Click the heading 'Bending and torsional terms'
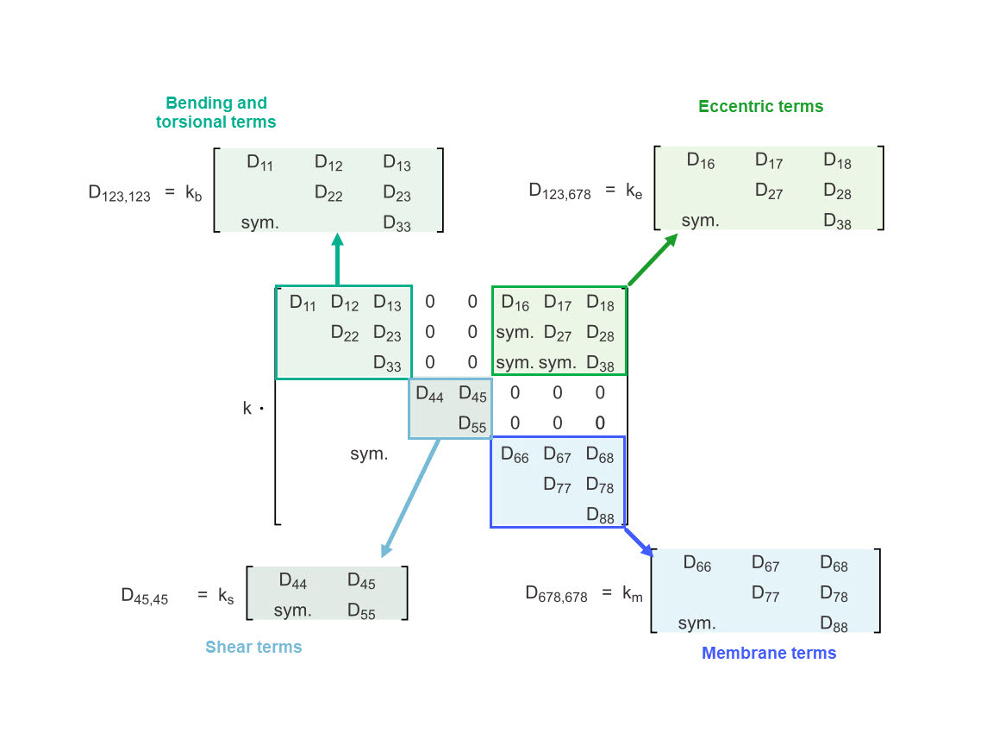tap(216, 113)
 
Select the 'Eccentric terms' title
tap(760, 107)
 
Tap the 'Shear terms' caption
tap(253, 647)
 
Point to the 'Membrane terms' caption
tap(769, 653)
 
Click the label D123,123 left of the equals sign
tap(119, 193)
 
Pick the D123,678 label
tap(559, 191)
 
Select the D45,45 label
tap(144, 596)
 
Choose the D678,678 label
tap(556, 594)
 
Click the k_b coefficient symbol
tap(193, 193)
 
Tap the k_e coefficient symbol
tap(634, 191)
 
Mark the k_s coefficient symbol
tap(226, 596)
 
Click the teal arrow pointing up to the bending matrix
tap(337, 258)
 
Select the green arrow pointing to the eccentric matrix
tap(653, 260)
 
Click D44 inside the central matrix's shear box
tap(429, 395)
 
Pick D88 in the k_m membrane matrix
tap(834, 623)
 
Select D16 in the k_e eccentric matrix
tap(700, 160)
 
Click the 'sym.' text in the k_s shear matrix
tap(292, 610)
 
